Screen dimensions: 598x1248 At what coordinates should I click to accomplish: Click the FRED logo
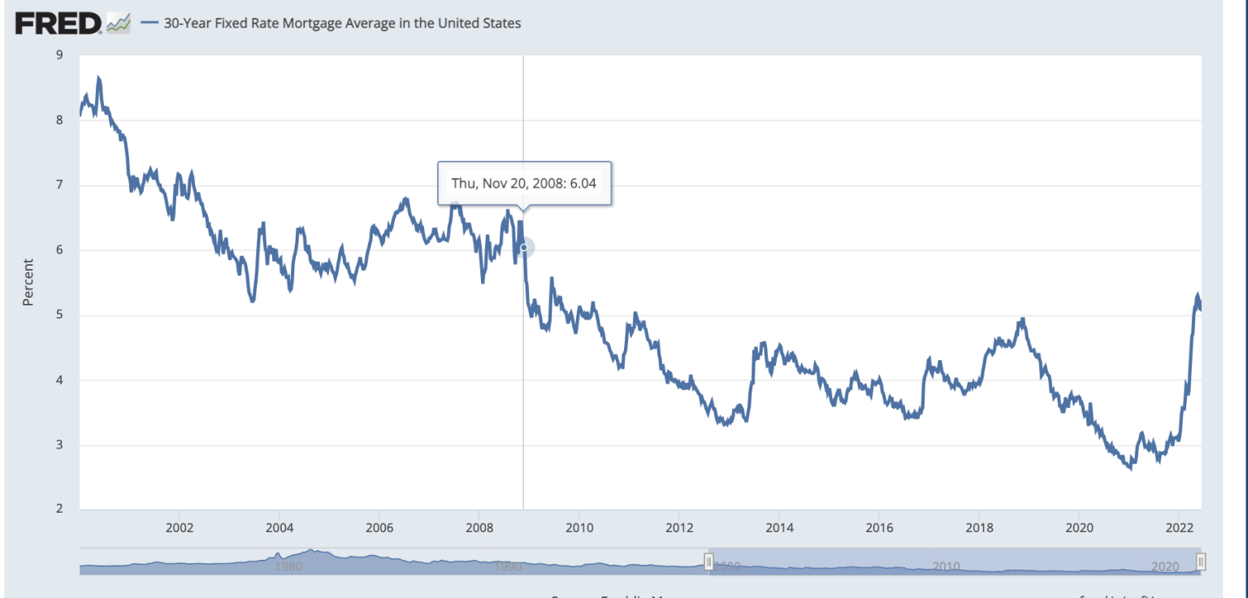(58, 24)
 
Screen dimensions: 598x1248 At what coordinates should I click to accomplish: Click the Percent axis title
(28, 282)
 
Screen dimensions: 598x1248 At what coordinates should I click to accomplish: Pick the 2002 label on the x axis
(179, 526)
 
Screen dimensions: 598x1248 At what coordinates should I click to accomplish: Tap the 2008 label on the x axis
(479, 526)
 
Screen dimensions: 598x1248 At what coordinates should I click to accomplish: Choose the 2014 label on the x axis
(778, 526)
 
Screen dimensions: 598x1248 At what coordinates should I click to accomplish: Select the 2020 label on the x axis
(1078, 526)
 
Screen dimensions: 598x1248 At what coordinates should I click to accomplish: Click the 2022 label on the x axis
(1178, 526)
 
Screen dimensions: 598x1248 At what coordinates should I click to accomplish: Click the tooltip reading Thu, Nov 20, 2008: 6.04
(523, 183)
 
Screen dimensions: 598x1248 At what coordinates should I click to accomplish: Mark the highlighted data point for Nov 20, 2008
(524, 248)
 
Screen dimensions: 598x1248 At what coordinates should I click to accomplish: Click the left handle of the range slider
(708, 562)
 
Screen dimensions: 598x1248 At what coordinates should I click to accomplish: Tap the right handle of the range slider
(1201, 562)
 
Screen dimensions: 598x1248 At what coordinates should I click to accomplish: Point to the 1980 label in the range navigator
(289, 566)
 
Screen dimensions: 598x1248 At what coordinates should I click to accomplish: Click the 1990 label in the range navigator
(508, 566)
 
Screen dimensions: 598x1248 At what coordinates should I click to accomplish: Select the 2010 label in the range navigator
(947, 566)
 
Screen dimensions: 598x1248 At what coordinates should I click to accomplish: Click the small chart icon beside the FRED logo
(119, 24)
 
